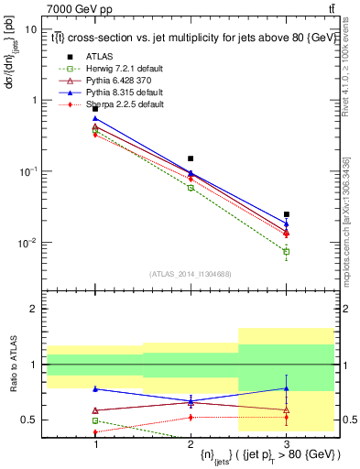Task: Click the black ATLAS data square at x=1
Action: (x=95, y=109)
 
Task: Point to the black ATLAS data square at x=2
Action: (x=191, y=158)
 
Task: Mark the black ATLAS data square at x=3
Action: (x=287, y=214)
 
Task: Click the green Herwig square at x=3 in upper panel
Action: (x=287, y=251)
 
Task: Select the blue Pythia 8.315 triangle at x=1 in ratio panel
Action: (x=95, y=388)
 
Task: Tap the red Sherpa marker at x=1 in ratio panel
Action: (x=95, y=432)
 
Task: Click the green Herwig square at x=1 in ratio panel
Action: (x=95, y=420)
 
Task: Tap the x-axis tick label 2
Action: (x=191, y=443)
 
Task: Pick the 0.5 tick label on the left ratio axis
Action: (x=29, y=420)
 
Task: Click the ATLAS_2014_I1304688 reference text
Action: (x=190, y=274)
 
